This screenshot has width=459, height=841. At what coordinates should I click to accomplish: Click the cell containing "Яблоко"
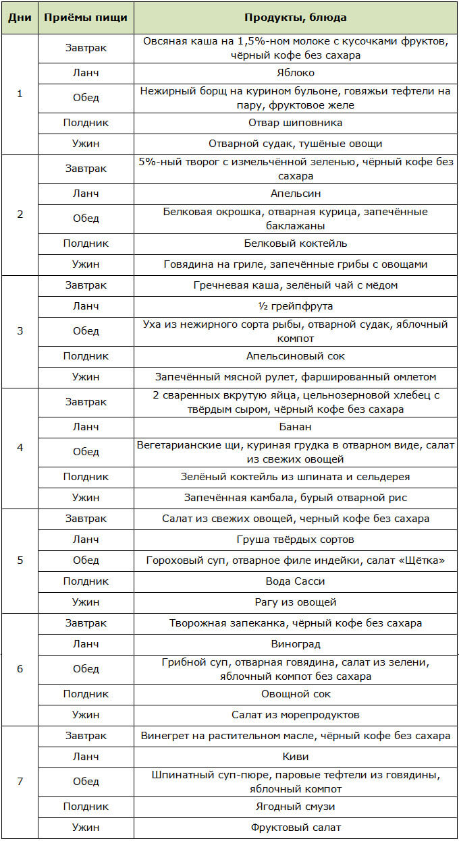tap(295, 72)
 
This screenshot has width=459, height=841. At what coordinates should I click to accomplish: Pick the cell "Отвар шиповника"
tap(295, 123)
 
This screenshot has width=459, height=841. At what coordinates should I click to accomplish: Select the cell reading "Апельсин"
tap(295, 194)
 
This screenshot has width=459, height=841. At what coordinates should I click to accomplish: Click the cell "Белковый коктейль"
tap(295, 243)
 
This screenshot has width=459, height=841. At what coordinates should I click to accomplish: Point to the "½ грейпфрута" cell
tap(295, 306)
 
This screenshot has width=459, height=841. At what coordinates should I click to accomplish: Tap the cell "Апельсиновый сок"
tap(295, 356)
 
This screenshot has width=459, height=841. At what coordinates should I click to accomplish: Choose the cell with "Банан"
tap(295, 426)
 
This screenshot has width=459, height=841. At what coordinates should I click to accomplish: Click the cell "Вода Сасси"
tap(295, 581)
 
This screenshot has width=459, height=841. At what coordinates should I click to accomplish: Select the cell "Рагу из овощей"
tap(295, 602)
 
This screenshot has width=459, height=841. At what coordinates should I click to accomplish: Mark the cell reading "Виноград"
tap(295, 643)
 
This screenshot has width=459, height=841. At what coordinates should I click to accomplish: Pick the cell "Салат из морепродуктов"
tap(295, 714)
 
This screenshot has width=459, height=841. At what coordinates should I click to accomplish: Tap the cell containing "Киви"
tap(295, 757)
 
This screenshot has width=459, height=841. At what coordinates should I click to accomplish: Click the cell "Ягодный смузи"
tap(295, 807)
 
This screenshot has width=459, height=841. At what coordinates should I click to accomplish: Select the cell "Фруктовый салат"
tap(295, 828)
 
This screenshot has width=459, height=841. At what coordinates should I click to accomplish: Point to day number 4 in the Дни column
tap(20, 448)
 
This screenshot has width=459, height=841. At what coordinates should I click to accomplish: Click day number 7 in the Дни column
tap(20, 782)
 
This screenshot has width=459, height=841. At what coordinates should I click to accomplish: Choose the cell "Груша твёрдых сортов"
tap(295, 539)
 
